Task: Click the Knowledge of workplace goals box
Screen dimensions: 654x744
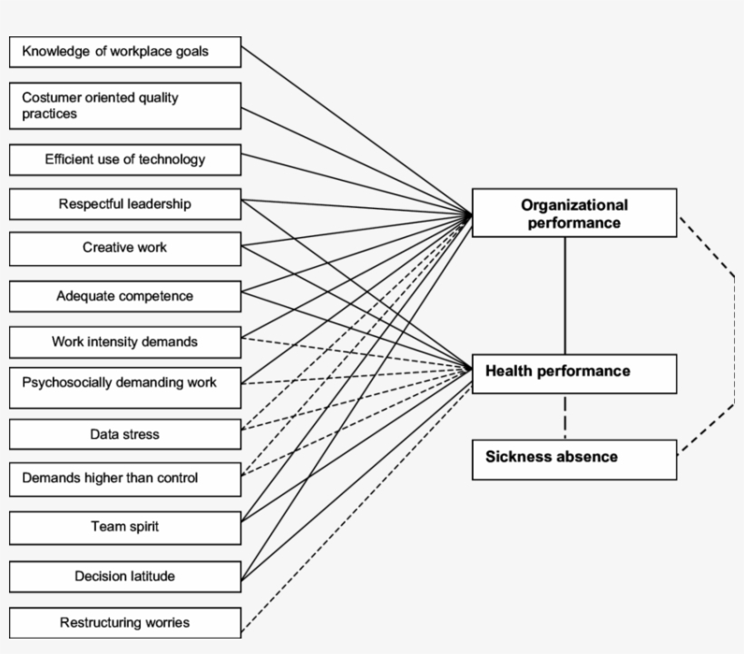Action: click(x=125, y=52)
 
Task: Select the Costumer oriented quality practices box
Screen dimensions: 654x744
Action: click(x=125, y=105)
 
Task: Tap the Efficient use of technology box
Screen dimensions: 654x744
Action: click(x=125, y=159)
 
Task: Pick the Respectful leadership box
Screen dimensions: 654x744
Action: click(x=125, y=203)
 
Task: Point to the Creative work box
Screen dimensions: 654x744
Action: click(x=125, y=248)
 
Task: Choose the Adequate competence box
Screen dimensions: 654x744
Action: click(x=125, y=296)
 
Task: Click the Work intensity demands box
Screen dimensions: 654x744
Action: click(x=125, y=342)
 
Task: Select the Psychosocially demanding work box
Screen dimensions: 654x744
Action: click(x=125, y=384)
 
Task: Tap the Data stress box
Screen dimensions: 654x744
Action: click(x=125, y=434)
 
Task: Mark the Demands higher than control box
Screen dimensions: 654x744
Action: click(x=125, y=479)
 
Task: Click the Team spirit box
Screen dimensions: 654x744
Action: click(x=125, y=527)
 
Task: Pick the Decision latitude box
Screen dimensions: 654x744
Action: click(x=125, y=576)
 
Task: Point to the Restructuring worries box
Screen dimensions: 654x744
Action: click(x=125, y=623)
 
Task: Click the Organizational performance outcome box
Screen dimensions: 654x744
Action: click(x=573, y=213)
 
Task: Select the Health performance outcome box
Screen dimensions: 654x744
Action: click(x=573, y=373)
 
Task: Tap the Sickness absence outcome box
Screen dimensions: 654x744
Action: click(x=573, y=459)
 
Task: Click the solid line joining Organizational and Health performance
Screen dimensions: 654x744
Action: click(x=565, y=295)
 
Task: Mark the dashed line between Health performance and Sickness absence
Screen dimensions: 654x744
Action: click(x=565, y=416)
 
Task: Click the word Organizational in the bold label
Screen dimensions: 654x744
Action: click(x=573, y=204)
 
